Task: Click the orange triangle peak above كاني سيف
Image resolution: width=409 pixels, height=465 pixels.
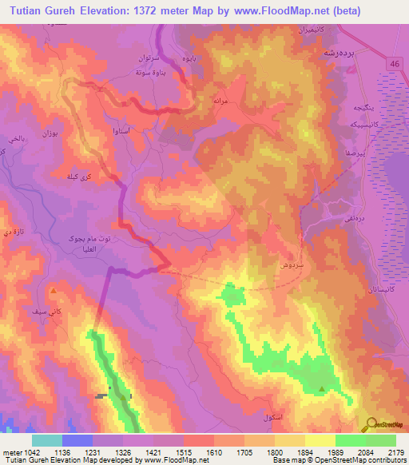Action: pos(54,291)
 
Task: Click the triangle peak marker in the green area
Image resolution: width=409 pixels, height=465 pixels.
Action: pos(322,389)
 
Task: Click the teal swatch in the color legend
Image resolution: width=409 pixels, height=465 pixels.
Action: pos(47,440)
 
